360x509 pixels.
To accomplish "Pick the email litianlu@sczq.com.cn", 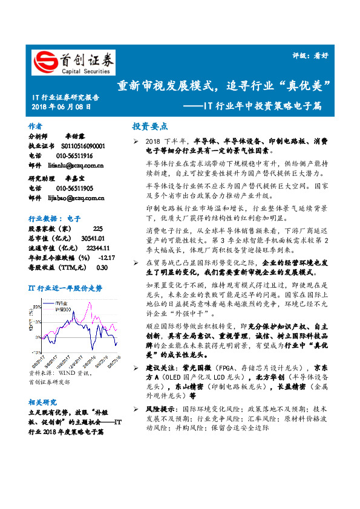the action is tap(75, 165).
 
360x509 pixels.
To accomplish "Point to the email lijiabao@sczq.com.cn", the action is tap(76, 197).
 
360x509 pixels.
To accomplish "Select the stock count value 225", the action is tap(98, 229).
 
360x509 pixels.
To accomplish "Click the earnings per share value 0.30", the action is tap(102, 267).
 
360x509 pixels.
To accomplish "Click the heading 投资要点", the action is tap(149, 126).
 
